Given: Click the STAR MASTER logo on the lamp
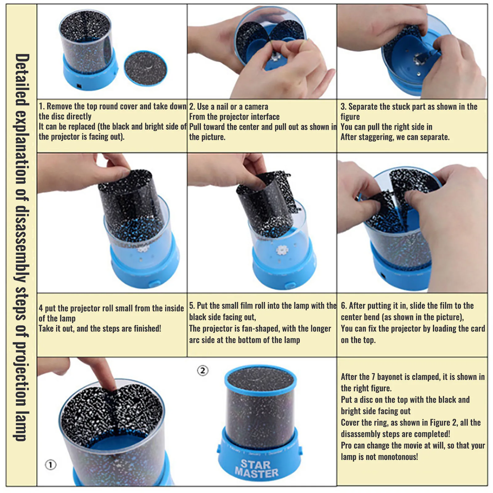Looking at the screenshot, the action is [x=256, y=469].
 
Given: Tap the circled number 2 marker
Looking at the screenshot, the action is [x=203, y=370].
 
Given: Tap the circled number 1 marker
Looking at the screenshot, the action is [x=51, y=465].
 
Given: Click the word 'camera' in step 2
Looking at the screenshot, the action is [x=256, y=107].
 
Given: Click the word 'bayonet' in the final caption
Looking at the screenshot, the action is [x=390, y=377].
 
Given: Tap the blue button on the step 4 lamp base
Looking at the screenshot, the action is [x=153, y=283].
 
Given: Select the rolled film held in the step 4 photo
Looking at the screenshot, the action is [x=131, y=200].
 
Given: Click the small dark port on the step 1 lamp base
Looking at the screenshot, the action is [x=79, y=86].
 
